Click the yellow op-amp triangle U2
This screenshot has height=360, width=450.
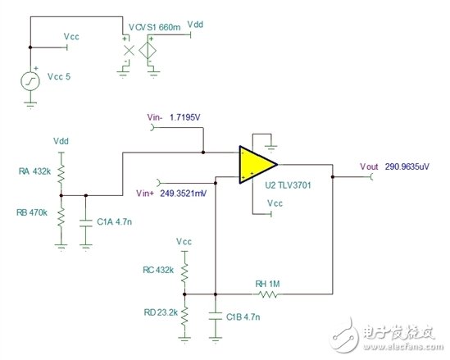pos(252,164)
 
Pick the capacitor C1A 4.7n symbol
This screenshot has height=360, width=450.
pos(86,221)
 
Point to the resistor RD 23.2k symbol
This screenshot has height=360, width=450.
pos(185,314)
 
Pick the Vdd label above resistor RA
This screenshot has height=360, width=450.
pos(61,141)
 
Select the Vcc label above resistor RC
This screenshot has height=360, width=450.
pos(185,241)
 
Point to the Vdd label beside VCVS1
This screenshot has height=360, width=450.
pos(195,25)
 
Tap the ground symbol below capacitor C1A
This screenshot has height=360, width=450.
pos(86,244)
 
